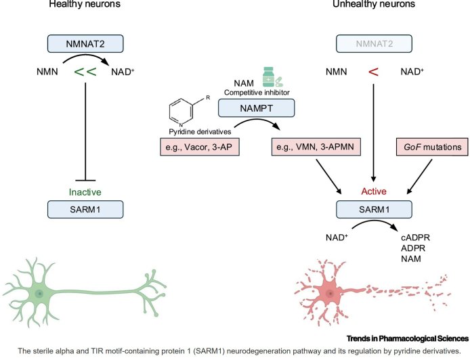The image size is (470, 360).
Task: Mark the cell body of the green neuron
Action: (40, 293)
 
